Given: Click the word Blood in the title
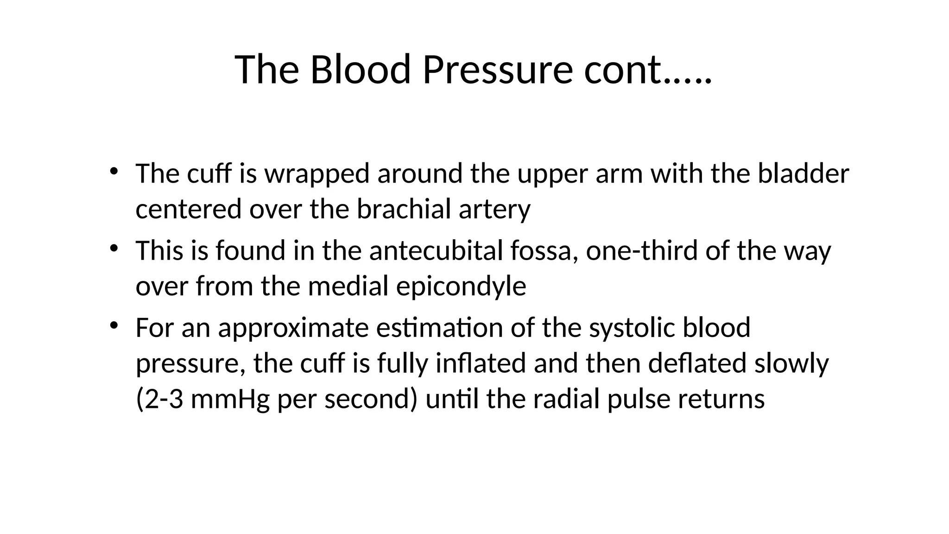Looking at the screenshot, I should [360, 70].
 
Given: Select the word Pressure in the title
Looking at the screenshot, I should [498, 70].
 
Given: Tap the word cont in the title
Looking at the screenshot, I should [622, 70].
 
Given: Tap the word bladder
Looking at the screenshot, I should [803, 174].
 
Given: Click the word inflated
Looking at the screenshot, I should [481, 363].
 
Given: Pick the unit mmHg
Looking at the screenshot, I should [230, 399].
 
